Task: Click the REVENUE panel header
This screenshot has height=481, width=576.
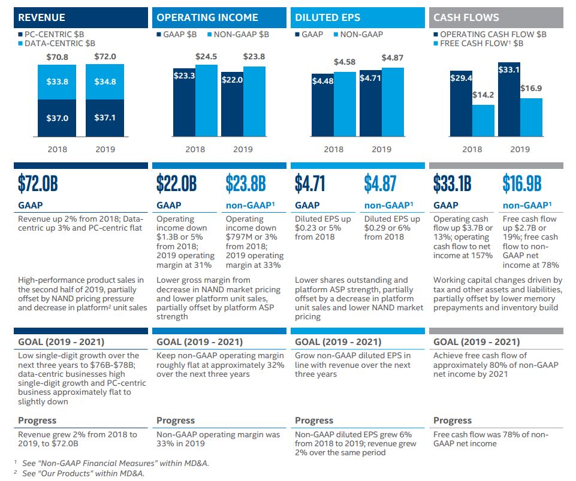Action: pyautogui.click(x=80, y=17)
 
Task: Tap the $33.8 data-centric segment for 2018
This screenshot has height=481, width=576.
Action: pyautogui.click(x=58, y=81)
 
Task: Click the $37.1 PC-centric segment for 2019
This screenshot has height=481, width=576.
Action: pyautogui.click(x=105, y=118)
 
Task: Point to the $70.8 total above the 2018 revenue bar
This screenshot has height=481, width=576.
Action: pyautogui.click(x=58, y=58)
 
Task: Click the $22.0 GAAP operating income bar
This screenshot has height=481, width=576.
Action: pyautogui.click(x=231, y=104)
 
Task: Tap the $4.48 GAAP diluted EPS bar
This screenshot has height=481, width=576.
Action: pyautogui.click(x=322, y=105)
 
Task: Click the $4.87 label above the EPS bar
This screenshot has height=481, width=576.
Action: pyautogui.click(x=393, y=58)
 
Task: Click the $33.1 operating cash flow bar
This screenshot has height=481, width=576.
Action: pyautogui.click(x=508, y=99)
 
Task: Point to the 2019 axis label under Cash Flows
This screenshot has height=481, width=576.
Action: pyautogui.click(x=520, y=149)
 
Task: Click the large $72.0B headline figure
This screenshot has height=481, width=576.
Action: pyautogui.click(x=38, y=183)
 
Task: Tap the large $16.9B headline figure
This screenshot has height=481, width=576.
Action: pyautogui.click(x=522, y=183)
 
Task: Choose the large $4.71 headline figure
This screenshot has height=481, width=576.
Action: pyautogui.click(x=310, y=183)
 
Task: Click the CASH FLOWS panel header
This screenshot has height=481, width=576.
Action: pyautogui.click(x=496, y=17)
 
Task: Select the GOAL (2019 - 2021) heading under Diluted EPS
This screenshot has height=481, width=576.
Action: pyautogui.click(x=338, y=342)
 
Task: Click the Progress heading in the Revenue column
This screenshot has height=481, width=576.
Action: pyautogui.click(x=37, y=421)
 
